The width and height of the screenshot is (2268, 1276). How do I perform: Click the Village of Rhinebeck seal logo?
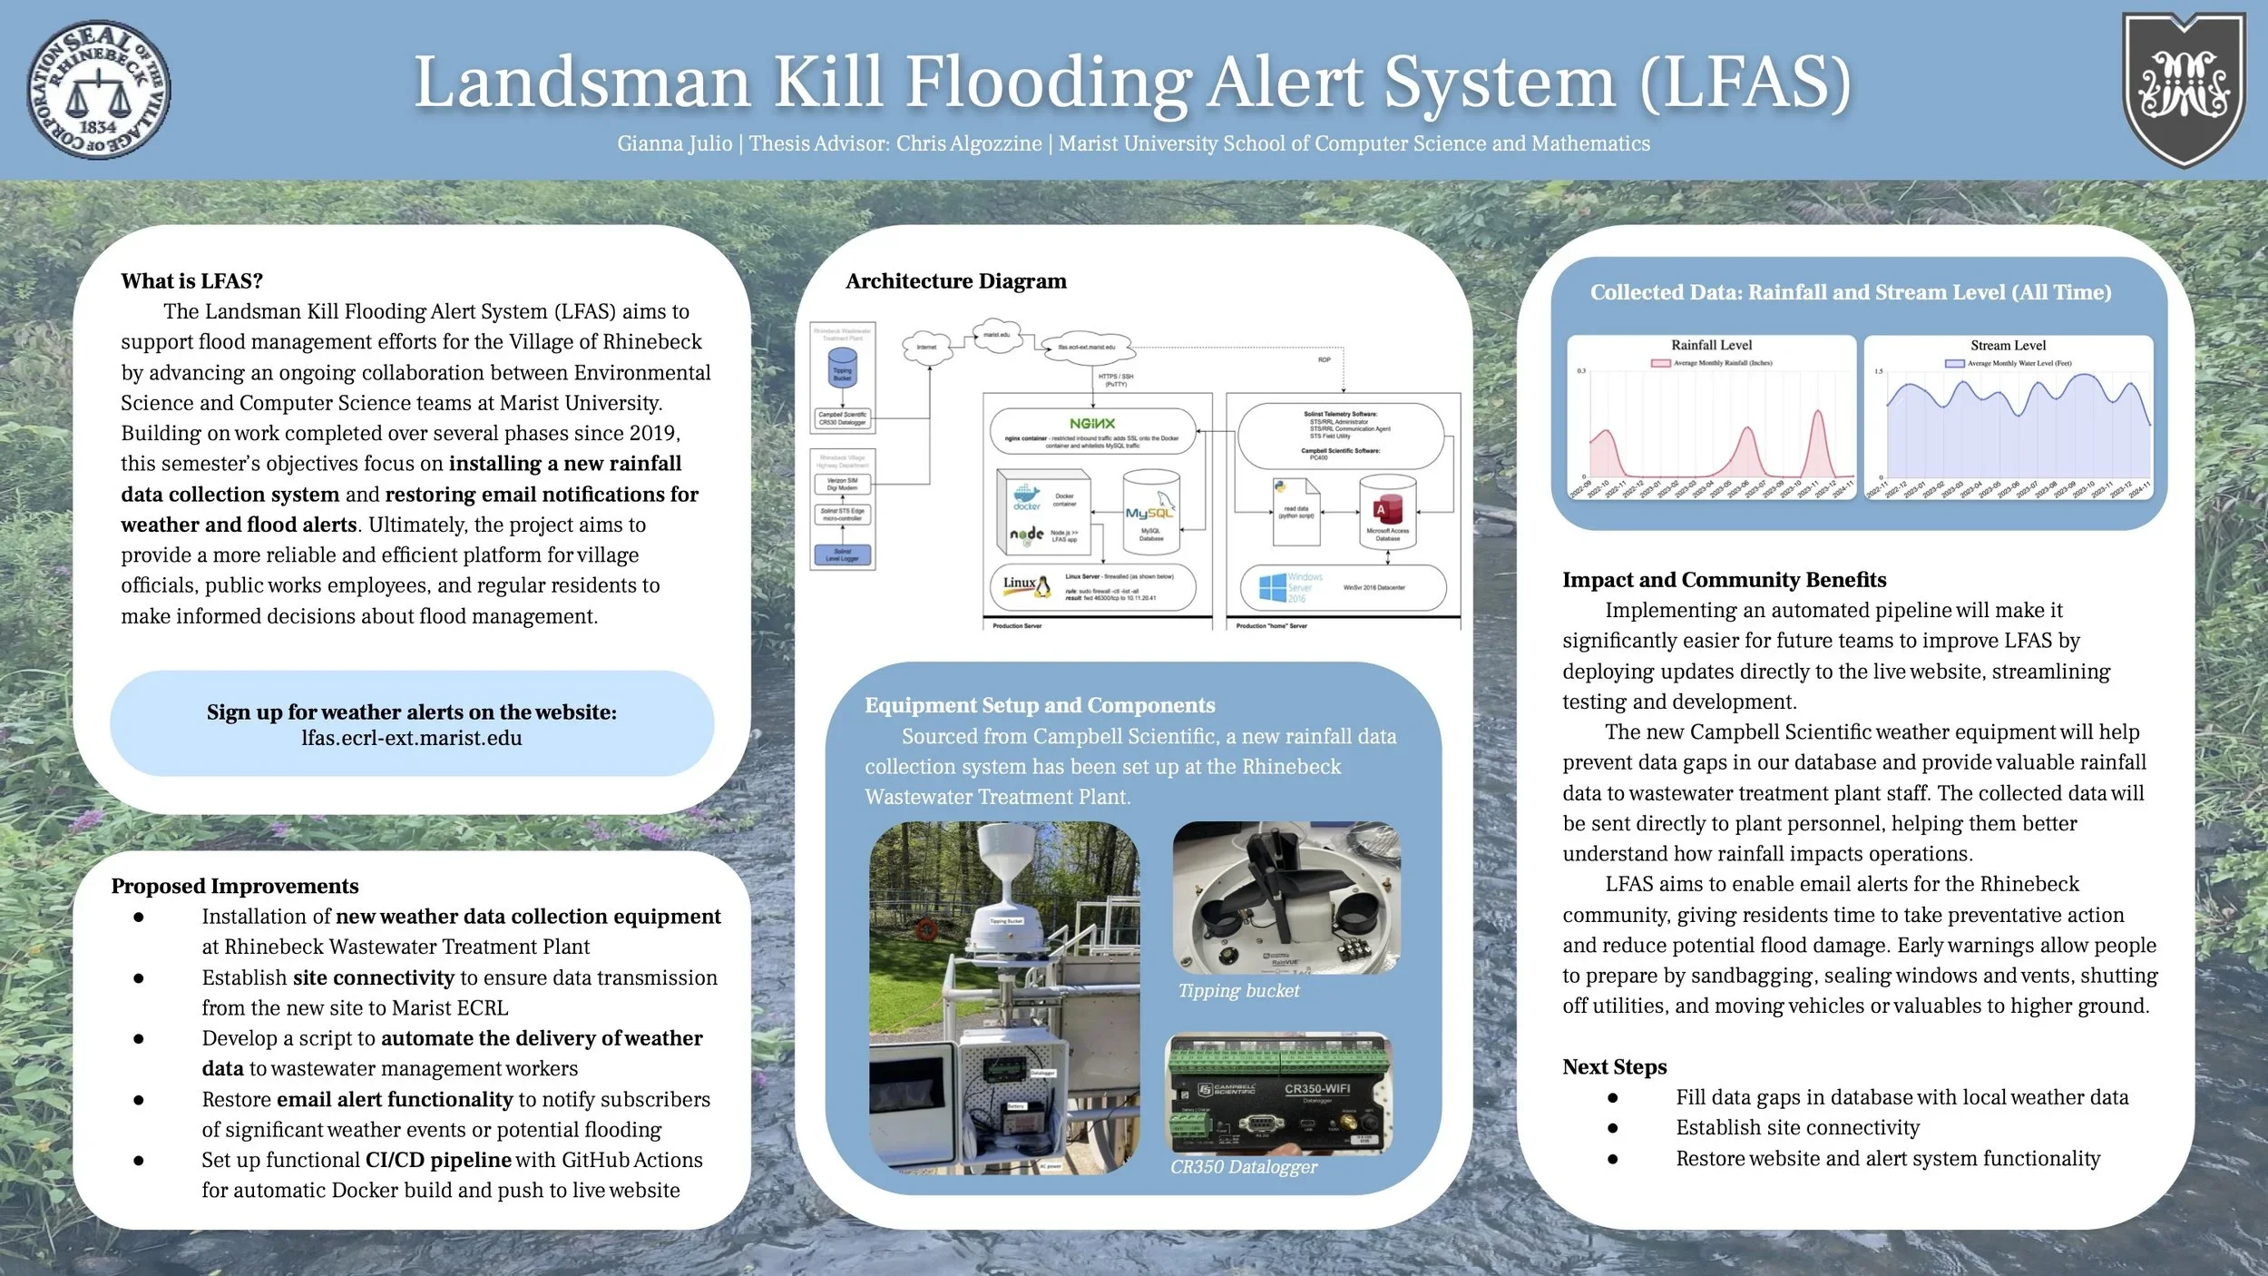click(x=98, y=89)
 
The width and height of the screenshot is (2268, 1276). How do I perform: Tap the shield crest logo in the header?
click(x=2183, y=89)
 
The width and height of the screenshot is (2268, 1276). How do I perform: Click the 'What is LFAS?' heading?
click(x=191, y=281)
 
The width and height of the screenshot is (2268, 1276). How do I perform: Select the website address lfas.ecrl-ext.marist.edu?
click(x=412, y=738)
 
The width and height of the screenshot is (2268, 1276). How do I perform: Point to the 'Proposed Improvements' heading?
click(x=235, y=886)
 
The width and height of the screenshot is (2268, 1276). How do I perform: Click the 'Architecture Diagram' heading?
click(x=955, y=281)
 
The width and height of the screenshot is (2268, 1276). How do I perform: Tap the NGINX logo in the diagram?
click(x=1091, y=424)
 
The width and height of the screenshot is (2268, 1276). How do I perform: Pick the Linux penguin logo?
click(x=1042, y=586)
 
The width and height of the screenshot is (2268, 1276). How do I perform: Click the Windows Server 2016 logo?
click(x=1272, y=587)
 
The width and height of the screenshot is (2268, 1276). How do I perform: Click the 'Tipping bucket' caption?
click(x=1238, y=991)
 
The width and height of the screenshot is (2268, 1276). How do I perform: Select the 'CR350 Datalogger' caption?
click(x=1243, y=1167)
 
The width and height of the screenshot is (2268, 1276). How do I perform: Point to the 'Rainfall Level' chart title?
click(x=1711, y=345)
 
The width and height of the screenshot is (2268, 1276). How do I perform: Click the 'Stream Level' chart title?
click(x=2008, y=345)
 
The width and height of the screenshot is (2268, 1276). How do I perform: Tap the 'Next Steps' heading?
click(x=1614, y=1067)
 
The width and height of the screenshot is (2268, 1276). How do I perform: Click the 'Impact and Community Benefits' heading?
click(x=1724, y=580)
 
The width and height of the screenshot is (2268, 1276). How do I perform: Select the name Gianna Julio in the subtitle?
click(x=674, y=143)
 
